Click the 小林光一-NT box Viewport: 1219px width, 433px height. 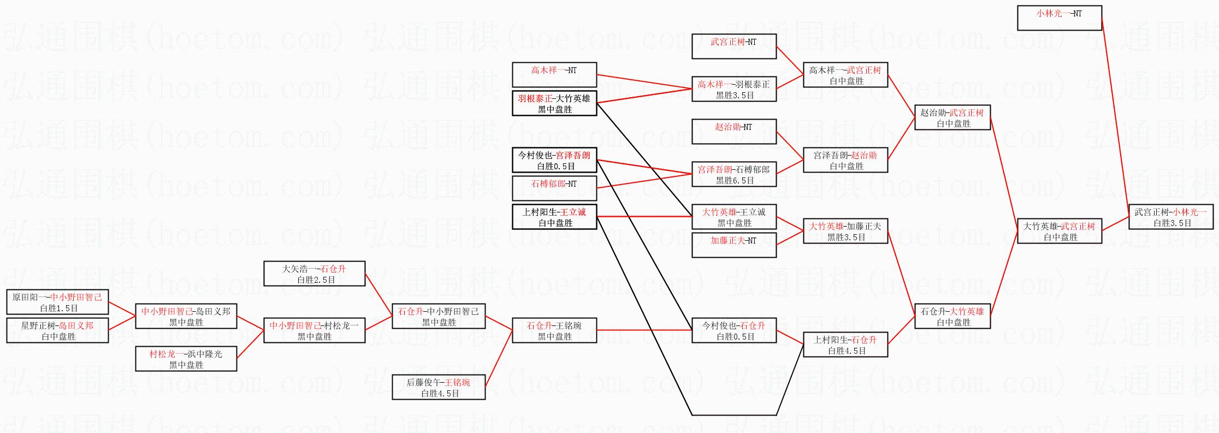1059,18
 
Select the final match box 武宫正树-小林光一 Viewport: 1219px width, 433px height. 1170,217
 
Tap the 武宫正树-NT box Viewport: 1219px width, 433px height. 733,46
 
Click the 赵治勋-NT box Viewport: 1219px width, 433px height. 733,132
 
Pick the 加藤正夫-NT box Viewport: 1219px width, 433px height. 733,245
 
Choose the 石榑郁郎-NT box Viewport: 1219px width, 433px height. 554,188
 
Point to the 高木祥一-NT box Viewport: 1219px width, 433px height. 554,75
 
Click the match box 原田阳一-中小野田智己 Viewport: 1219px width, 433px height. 57,302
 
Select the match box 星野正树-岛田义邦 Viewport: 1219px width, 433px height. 57,330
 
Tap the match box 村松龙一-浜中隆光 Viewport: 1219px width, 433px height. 186,359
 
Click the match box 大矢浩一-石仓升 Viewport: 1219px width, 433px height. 314,274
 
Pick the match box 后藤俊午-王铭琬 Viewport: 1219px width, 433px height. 438,387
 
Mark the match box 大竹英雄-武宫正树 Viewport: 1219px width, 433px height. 1059,231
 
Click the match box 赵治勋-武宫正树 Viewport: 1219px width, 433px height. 952,117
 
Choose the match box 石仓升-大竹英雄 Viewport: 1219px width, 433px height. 952,316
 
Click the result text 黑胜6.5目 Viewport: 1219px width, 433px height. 735,181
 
